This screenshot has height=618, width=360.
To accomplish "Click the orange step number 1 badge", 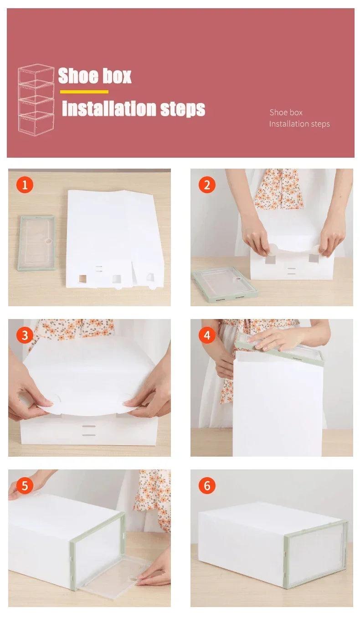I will click(x=25, y=185).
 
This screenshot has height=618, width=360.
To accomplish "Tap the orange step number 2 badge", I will click(x=207, y=185).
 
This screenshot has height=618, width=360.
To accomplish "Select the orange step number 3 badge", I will click(x=25, y=335).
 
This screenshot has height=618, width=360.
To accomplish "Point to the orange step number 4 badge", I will click(x=207, y=335).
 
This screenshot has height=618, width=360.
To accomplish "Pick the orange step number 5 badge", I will click(x=25, y=486).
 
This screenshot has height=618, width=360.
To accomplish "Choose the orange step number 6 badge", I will click(x=207, y=486).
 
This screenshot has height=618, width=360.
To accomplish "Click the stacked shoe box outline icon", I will click(x=36, y=99).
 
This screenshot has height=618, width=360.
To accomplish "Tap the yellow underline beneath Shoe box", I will click(x=84, y=92).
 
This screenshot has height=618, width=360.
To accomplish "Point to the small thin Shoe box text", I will click(x=286, y=113).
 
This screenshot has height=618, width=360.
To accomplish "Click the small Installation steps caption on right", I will click(x=299, y=124).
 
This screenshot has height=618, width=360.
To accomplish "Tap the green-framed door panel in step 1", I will click(x=36, y=242).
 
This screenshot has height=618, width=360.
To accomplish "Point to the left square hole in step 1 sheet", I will click(x=83, y=278).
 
